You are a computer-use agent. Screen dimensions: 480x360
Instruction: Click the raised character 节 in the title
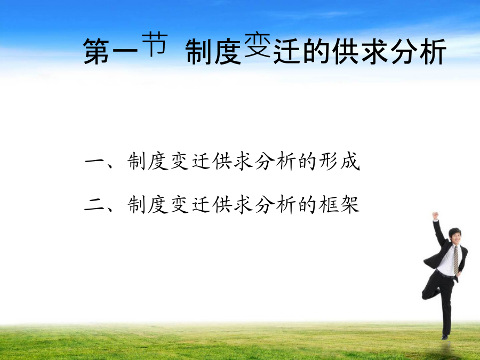[155, 45]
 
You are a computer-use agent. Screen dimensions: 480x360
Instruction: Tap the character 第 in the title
[97, 51]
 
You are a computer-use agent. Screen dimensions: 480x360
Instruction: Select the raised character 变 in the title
[258, 45]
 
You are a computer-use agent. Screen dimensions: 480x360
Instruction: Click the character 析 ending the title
[432, 51]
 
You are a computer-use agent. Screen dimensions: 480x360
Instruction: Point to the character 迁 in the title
[286, 51]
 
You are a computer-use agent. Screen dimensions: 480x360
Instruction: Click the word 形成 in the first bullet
[339, 161]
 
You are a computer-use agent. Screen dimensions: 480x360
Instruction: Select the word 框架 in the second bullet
[339, 204]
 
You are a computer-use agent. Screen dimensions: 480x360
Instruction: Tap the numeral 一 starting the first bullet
[94, 161]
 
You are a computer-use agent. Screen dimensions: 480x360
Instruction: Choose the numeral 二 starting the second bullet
[94, 204]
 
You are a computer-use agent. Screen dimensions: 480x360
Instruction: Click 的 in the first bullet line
[307, 161]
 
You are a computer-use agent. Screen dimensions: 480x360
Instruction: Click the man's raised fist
[435, 215]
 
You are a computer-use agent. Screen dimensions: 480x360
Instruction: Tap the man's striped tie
[456, 260]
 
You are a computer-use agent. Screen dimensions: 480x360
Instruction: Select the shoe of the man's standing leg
[445, 337]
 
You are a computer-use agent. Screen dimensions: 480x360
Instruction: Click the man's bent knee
[426, 295]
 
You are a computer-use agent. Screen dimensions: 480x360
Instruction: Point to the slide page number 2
[449, 343]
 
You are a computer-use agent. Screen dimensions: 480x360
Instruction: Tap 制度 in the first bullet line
[148, 161]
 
